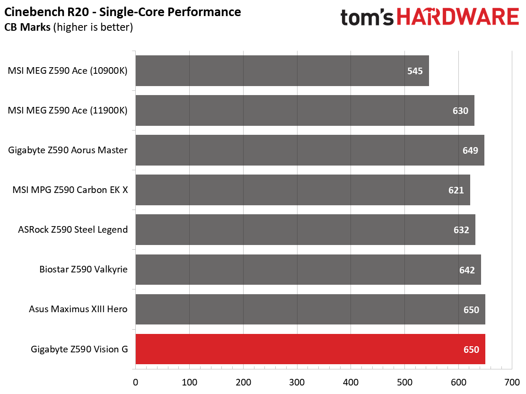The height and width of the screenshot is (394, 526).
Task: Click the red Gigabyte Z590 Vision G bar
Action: coord(310,350)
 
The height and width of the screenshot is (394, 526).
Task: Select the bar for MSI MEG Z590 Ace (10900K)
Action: coord(282,71)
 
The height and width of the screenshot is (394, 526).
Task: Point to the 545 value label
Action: coord(414,71)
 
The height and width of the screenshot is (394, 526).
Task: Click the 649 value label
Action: coord(470,150)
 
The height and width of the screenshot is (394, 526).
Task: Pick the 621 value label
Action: coord(456,190)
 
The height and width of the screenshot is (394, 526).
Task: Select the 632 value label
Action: coord(461,230)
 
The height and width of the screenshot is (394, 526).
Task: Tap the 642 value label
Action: coord(466,270)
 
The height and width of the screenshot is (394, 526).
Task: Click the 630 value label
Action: coord(460,111)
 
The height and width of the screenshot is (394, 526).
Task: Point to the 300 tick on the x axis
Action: coord(297,382)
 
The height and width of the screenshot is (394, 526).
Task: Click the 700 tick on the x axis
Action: coord(512,382)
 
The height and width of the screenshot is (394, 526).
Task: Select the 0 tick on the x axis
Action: coord(136,382)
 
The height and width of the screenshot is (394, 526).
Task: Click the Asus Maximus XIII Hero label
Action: coord(78,310)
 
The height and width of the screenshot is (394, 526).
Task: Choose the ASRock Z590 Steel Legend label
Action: coord(73,230)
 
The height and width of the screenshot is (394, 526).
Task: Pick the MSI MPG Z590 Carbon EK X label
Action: coord(70,190)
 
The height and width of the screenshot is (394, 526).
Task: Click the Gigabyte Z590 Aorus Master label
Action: coord(68,150)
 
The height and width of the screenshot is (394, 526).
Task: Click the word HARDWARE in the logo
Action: coord(457,18)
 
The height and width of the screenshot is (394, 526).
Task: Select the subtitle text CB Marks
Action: coord(27,27)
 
